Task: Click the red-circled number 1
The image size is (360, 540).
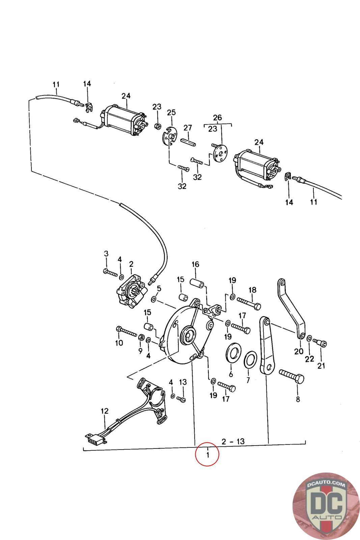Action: (207, 454)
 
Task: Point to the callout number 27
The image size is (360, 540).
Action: (188, 128)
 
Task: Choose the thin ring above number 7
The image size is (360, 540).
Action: (250, 360)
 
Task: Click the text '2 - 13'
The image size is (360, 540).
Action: (232, 441)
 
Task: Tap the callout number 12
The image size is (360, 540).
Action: (105, 411)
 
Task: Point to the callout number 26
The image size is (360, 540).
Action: (218, 117)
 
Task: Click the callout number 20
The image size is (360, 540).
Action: (299, 351)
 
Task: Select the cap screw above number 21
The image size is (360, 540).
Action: (321, 342)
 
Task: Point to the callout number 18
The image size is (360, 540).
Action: (252, 290)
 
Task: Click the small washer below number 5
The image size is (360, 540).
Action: (154, 299)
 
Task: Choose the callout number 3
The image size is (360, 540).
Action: (106, 253)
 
